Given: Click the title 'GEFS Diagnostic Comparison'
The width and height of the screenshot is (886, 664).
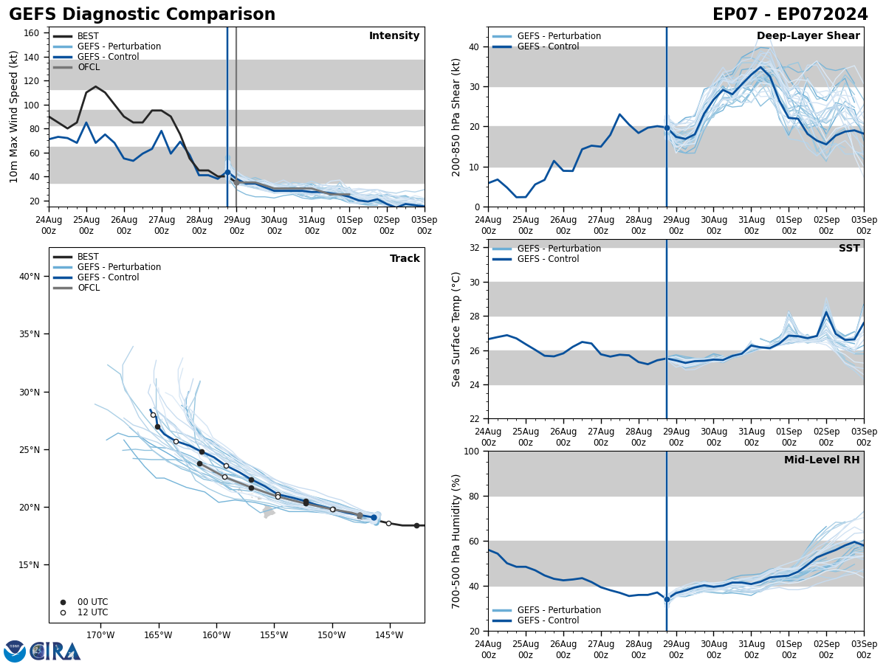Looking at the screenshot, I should (x=142, y=15).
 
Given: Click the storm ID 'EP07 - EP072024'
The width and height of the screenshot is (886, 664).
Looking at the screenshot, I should (x=790, y=15).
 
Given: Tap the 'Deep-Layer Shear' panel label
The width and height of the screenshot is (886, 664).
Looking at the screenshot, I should (x=808, y=36).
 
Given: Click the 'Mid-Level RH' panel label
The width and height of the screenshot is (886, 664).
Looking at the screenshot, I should (x=822, y=460).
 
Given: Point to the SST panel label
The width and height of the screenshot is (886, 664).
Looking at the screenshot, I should (x=849, y=249).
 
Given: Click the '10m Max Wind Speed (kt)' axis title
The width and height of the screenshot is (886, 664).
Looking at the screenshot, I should (x=15, y=117).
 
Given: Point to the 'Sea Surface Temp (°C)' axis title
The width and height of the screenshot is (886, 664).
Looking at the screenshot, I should (x=456, y=329).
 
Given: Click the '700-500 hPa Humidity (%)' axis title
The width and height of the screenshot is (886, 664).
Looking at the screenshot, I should (x=456, y=541).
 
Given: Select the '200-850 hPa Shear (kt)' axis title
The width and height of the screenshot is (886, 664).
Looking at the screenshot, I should (x=456, y=117).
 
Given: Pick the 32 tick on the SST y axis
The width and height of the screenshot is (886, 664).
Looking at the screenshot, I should (x=474, y=248).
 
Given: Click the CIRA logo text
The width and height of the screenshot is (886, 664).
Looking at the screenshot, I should (x=55, y=651).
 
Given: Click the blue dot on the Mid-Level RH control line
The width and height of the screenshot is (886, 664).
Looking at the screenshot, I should (x=667, y=599).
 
